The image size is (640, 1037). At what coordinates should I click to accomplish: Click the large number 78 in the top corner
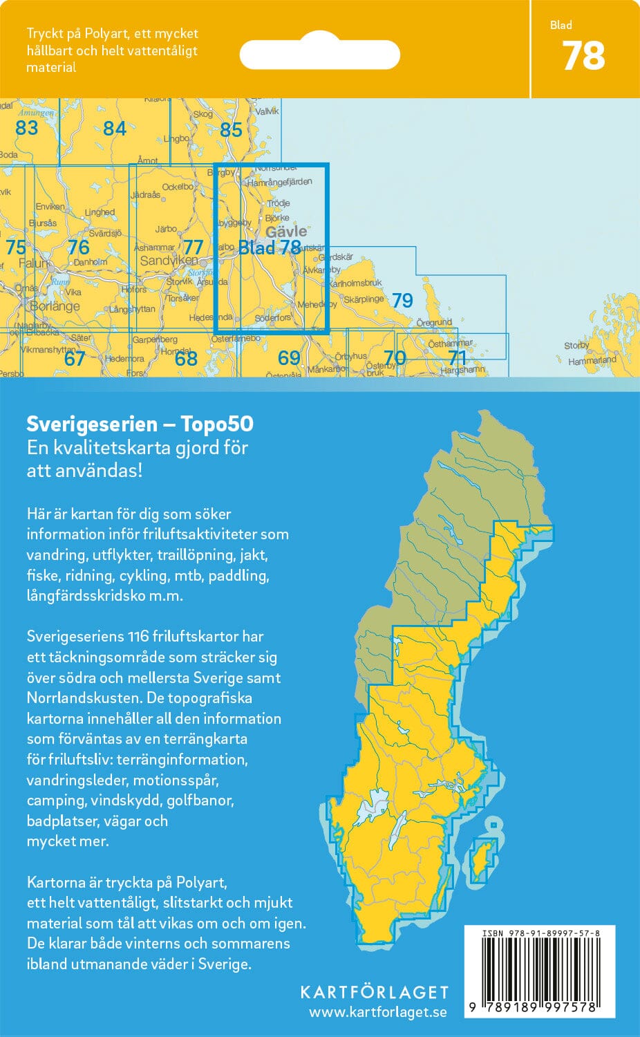tap(583, 57)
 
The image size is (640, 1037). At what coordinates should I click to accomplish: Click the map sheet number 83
tap(26, 128)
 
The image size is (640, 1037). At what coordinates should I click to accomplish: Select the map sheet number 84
tap(115, 129)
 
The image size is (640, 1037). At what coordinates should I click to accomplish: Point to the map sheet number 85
tap(231, 129)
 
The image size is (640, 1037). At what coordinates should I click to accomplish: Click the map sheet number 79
tap(402, 301)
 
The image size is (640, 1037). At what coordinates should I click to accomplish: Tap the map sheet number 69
tap(289, 357)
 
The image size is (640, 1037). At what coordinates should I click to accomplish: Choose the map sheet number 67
tap(74, 358)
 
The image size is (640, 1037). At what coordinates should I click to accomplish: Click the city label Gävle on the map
tap(286, 232)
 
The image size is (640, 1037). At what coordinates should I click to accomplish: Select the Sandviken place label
tap(168, 261)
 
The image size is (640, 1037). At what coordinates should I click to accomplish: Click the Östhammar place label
tap(451, 344)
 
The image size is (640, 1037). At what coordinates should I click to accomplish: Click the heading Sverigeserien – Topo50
tap(140, 424)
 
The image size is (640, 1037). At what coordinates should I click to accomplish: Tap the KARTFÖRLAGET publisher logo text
tap(374, 992)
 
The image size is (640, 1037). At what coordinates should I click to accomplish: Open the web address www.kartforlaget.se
tap(377, 1012)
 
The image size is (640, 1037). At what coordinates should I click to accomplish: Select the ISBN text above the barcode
tap(540, 933)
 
